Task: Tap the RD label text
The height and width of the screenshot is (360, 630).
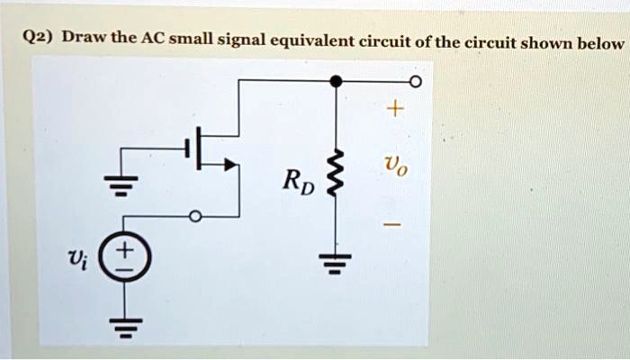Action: tap(299, 182)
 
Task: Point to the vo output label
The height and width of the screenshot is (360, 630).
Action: tap(396, 166)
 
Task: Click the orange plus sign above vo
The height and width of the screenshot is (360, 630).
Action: tap(395, 109)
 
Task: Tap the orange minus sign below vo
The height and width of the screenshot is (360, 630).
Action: tap(391, 224)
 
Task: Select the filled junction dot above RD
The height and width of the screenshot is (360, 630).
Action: tap(336, 81)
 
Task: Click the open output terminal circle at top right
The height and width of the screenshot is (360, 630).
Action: tap(416, 82)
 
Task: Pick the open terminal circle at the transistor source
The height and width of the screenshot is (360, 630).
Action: tap(195, 217)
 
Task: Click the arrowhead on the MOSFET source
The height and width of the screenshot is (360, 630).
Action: tap(229, 165)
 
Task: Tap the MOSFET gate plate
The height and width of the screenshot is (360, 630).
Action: tap(186, 148)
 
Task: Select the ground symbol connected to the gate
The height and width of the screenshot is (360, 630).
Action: tap(121, 184)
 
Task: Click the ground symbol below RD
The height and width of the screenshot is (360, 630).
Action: tap(335, 263)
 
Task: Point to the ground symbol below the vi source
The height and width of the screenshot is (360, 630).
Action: tap(125, 328)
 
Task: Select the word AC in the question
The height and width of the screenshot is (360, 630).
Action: tap(154, 38)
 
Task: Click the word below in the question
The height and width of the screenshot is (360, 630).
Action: tap(600, 41)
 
